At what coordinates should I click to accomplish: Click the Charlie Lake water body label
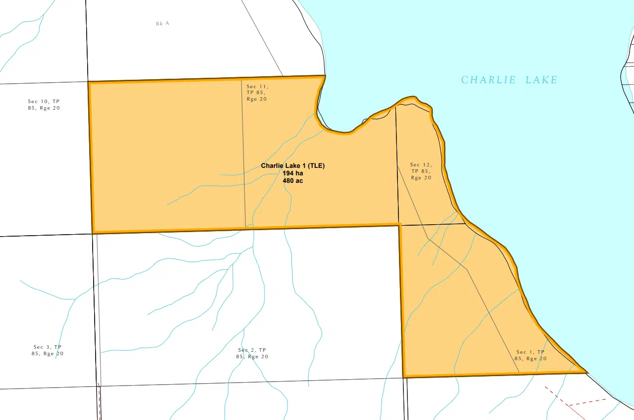pyautogui.click(x=509, y=80)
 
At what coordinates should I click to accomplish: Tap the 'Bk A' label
pyautogui.click(x=162, y=23)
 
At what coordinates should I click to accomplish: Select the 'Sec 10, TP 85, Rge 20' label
pyautogui.click(x=44, y=105)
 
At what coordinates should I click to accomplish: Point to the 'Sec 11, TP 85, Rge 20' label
pyautogui.click(x=257, y=93)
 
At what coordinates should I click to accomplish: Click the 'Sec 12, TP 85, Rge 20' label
pyautogui.click(x=420, y=171)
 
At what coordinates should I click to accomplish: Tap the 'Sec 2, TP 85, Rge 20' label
pyautogui.click(x=253, y=353)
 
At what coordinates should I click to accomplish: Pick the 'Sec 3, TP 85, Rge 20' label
pyautogui.click(x=48, y=350)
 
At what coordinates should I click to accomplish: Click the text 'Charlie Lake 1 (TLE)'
pyautogui.click(x=293, y=166)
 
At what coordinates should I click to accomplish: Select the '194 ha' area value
pyautogui.click(x=293, y=173)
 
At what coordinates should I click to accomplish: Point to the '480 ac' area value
pyautogui.click(x=293, y=181)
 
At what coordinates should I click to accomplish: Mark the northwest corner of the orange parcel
pyautogui.click(x=89, y=82)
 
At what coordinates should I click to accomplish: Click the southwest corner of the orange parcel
pyautogui.click(x=93, y=233)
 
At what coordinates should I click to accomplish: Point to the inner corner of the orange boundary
pyautogui.click(x=399, y=225)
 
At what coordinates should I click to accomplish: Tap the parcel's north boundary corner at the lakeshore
pyautogui.click(x=325, y=76)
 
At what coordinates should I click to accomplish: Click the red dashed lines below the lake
pyautogui.click(x=573, y=402)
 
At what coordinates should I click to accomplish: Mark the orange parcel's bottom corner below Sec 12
pyautogui.click(x=403, y=377)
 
